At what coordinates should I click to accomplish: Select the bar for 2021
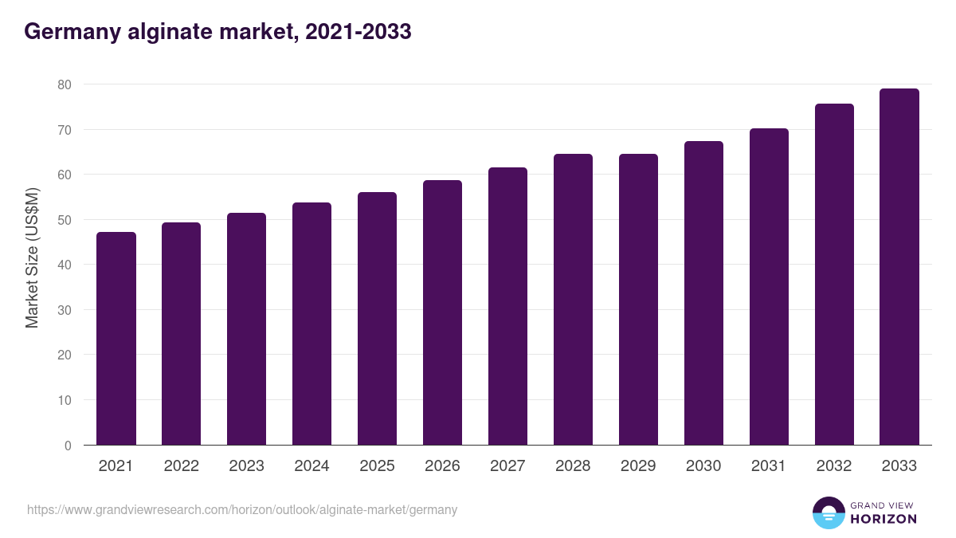pyautogui.click(x=116, y=339)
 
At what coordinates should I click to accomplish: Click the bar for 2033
pyautogui.click(x=899, y=267)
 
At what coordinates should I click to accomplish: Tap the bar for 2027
pyautogui.click(x=507, y=306)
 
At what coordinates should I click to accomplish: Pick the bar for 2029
pyautogui.click(x=638, y=300)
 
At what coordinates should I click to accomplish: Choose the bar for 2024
pyautogui.click(x=311, y=324)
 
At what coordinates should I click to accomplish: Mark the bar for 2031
pyautogui.click(x=769, y=287)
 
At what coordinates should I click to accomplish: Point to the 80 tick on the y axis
pyautogui.click(x=65, y=84)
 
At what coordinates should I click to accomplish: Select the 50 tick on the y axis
pyautogui.click(x=65, y=220)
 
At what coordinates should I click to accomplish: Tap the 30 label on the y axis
pyautogui.click(x=65, y=310)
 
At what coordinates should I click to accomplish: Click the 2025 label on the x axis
pyautogui.click(x=377, y=466)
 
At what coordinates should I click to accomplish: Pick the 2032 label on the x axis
pyautogui.click(x=834, y=466)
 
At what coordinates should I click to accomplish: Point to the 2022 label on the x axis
pyautogui.click(x=181, y=466)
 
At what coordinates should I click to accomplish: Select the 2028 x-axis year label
pyautogui.click(x=573, y=466)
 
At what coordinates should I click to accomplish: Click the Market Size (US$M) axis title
pyautogui.click(x=32, y=257)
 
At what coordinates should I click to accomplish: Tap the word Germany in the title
pyautogui.click(x=70, y=32)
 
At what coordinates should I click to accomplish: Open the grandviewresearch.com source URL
pyautogui.click(x=242, y=509)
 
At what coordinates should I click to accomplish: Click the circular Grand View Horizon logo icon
pyautogui.click(x=829, y=512)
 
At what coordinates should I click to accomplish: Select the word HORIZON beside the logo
pyautogui.click(x=884, y=519)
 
